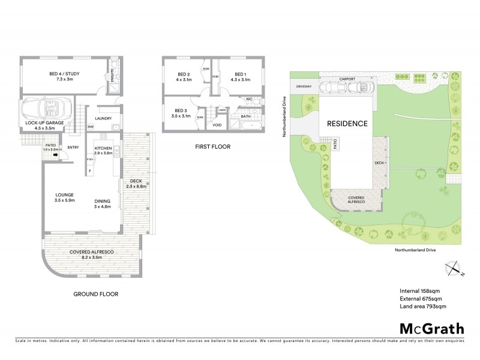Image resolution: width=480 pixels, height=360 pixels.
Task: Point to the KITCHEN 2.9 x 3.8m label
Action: coord(103,150)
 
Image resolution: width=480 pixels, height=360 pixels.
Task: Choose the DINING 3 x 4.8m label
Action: coord(103,204)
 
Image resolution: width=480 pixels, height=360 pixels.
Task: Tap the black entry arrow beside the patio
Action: coord(56,156)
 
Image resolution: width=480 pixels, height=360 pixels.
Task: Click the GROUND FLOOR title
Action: coord(95,295)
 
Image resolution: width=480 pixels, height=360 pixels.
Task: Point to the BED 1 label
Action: coord(239,76)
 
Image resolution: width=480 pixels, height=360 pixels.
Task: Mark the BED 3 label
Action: coord(180,113)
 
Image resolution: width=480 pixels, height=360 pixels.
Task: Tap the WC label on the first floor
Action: coord(248,99)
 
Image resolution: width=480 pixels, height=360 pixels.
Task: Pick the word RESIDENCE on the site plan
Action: coord(347,124)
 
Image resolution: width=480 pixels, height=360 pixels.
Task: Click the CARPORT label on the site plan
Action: coord(347,78)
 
